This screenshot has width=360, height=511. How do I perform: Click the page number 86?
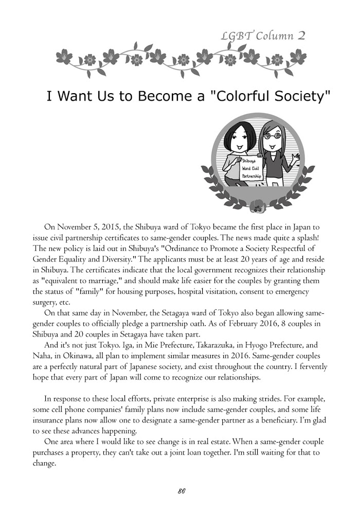pyautogui.click(x=181, y=490)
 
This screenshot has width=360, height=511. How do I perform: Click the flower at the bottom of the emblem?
pyautogui.click(x=256, y=208)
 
